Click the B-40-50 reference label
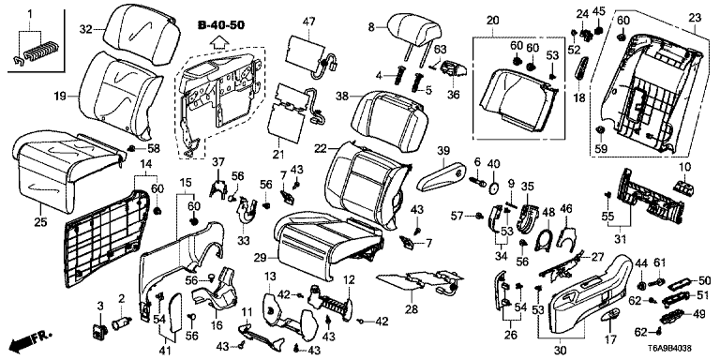[x=221, y=25]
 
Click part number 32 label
[x=86, y=30]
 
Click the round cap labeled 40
[x=493, y=188]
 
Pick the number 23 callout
[x=695, y=19]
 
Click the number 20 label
[x=492, y=21]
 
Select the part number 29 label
[x=260, y=260]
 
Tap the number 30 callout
[x=560, y=351]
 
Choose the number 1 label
[x=30, y=13]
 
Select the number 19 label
[x=60, y=97]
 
